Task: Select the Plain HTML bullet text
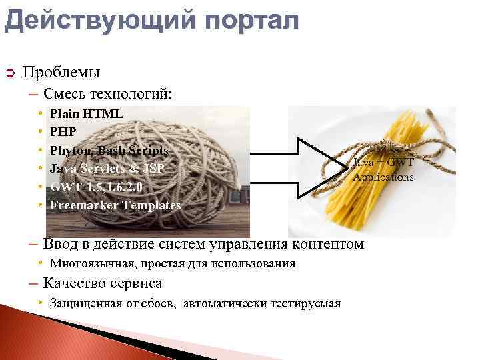pos(86,113)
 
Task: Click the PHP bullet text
pos(63,131)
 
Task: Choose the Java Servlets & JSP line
pos(106,169)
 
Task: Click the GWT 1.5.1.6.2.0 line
pos(97,187)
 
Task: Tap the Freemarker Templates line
pos(115,205)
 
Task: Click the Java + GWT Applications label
pos(383,170)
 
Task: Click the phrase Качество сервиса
pos(103,283)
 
